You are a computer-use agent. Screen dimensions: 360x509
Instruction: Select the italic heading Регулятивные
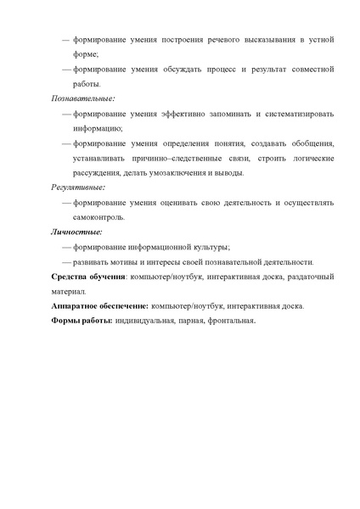click(78, 187)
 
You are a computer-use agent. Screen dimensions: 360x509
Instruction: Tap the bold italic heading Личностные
click(76, 231)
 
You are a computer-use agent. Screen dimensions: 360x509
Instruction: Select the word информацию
click(98, 128)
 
